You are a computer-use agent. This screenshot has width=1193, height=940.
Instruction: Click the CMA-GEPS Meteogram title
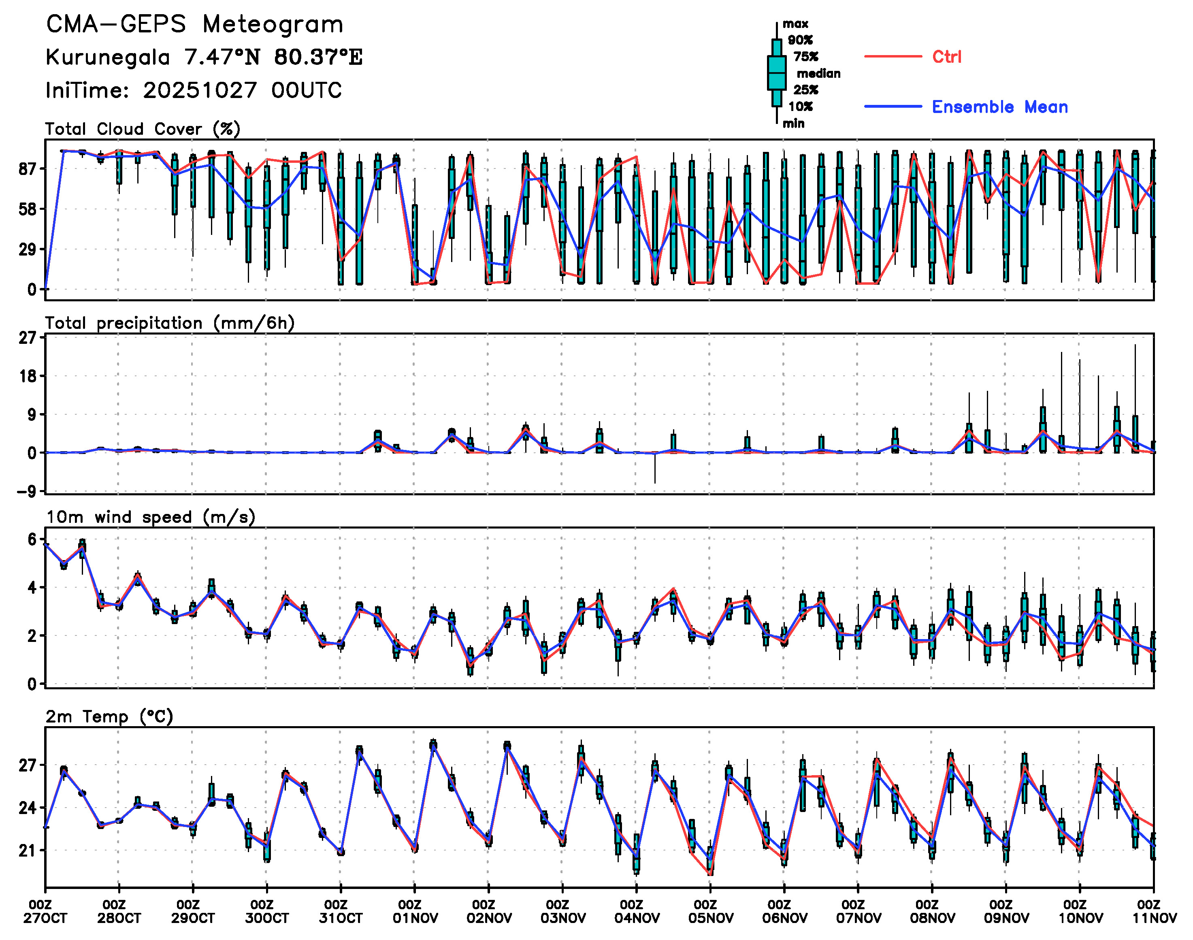(194, 25)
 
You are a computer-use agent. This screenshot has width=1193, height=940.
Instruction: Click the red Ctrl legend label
(946, 57)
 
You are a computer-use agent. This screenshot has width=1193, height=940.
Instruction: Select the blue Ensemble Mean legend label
(999, 107)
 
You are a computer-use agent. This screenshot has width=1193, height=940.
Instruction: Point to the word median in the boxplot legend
(818, 74)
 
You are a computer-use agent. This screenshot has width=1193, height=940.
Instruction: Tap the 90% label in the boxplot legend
(799, 40)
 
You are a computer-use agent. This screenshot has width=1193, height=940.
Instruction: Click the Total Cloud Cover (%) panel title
(143, 129)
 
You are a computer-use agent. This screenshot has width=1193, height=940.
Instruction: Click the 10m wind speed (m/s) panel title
(150, 517)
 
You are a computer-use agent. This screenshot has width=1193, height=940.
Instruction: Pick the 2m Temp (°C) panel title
(109, 716)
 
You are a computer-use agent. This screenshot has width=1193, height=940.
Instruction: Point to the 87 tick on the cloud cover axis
(28, 169)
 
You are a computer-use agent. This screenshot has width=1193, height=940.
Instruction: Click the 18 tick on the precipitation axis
(28, 376)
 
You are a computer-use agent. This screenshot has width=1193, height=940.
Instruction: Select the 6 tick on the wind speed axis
(32, 539)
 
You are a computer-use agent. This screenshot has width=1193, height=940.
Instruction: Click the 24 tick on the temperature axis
(28, 808)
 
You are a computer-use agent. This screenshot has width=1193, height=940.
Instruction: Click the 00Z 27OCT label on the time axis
(45, 911)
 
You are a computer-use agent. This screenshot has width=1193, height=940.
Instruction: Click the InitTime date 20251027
(200, 91)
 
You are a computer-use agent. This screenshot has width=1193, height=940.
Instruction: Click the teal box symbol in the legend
(776, 72)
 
